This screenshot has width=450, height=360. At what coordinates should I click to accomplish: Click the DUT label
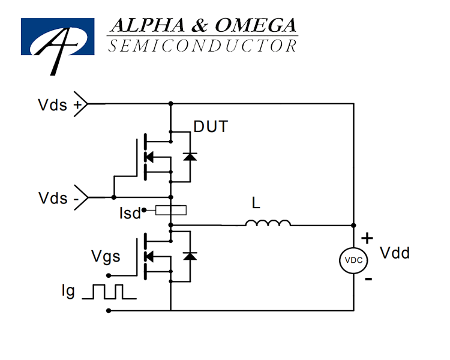pos(211,127)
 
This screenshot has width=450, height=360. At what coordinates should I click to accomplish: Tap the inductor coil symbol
pos(268,223)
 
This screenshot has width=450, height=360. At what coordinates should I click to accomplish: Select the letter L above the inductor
pos(256,203)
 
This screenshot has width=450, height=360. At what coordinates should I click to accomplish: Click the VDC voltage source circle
pos(353,260)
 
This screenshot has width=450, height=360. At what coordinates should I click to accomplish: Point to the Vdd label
pos(395,253)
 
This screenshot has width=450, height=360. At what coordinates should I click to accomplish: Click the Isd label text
pos(130,214)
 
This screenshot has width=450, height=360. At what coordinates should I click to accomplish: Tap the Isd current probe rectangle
pos(171,210)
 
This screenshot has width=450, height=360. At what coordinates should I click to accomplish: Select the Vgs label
pos(106,256)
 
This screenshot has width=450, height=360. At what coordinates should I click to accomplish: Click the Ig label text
pos(68,291)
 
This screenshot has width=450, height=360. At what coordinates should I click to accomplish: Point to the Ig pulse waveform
pos(109,292)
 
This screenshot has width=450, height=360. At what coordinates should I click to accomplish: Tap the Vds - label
pos(59,198)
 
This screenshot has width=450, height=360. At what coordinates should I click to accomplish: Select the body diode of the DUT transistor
pos(190,157)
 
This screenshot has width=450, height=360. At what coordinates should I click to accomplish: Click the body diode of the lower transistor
pos(190,256)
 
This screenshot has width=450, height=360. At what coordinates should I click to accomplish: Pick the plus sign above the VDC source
pos(367,238)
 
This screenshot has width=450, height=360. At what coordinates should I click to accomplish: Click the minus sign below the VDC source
pos(368,279)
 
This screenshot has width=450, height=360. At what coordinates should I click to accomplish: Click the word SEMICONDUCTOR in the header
pos(202,46)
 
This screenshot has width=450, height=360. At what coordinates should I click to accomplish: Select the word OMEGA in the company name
pos(256,25)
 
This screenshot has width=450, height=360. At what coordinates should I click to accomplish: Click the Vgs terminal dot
pos(109,275)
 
